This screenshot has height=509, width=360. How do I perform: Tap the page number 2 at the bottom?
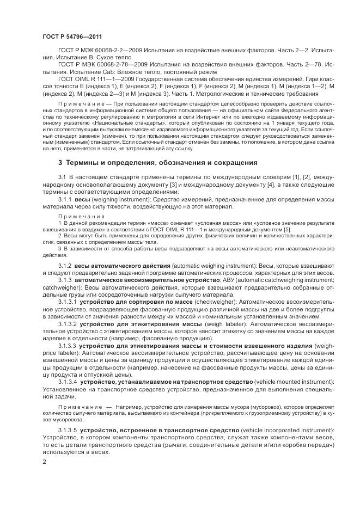(x=44, y=462)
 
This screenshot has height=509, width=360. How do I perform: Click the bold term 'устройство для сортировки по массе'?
(x=133, y=301)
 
